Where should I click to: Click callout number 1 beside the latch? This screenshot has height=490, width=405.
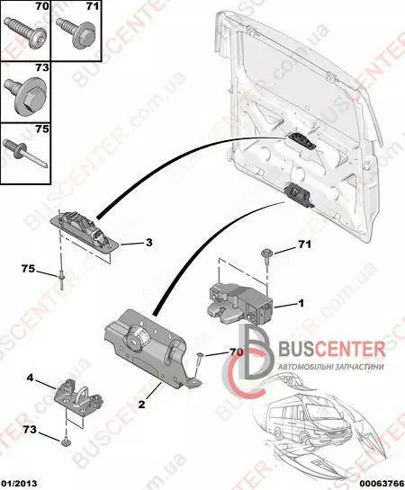(x=301, y=303)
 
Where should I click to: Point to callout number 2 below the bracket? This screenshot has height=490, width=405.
(x=141, y=405)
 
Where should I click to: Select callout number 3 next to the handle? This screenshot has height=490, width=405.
(x=148, y=242)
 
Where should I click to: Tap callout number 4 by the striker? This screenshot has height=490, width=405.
(x=30, y=378)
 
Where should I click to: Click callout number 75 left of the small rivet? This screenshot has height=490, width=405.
(x=28, y=268)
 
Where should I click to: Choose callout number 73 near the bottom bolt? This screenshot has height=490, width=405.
(x=30, y=430)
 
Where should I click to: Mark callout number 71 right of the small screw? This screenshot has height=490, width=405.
(x=304, y=244)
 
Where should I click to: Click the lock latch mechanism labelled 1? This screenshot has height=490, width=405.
(x=241, y=303)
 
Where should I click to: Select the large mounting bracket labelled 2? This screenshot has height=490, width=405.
(x=150, y=349)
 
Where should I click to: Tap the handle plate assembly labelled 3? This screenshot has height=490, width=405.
(x=85, y=228)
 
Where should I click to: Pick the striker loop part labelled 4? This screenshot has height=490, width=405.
(x=79, y=396)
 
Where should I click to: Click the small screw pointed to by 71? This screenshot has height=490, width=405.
(x=266, y=254)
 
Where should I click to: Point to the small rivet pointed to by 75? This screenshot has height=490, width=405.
(x=61, y=281)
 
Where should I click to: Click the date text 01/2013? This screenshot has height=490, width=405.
(x=18, y=484)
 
